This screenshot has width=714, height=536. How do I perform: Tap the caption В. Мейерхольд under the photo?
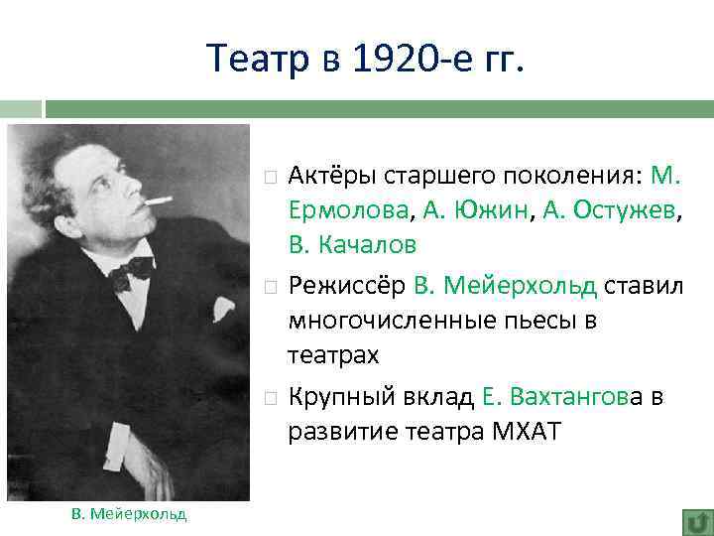coord(129,512)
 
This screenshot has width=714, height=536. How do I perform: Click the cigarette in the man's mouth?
coord(158,202)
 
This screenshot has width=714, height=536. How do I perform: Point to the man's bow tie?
coord(131,270)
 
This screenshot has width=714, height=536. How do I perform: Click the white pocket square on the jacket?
coord(223,309)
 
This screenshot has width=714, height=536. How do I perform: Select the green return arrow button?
coord(697,521)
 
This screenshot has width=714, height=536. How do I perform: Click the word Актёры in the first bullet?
coord(332,177)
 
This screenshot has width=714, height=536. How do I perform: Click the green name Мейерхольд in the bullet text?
coord(520,287)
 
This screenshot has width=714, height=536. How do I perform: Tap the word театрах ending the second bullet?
coord(327,353)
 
